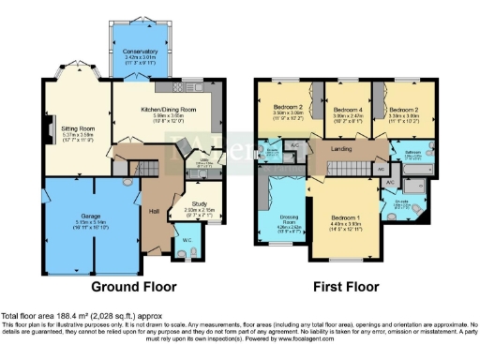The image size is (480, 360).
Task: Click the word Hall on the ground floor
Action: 153,210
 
